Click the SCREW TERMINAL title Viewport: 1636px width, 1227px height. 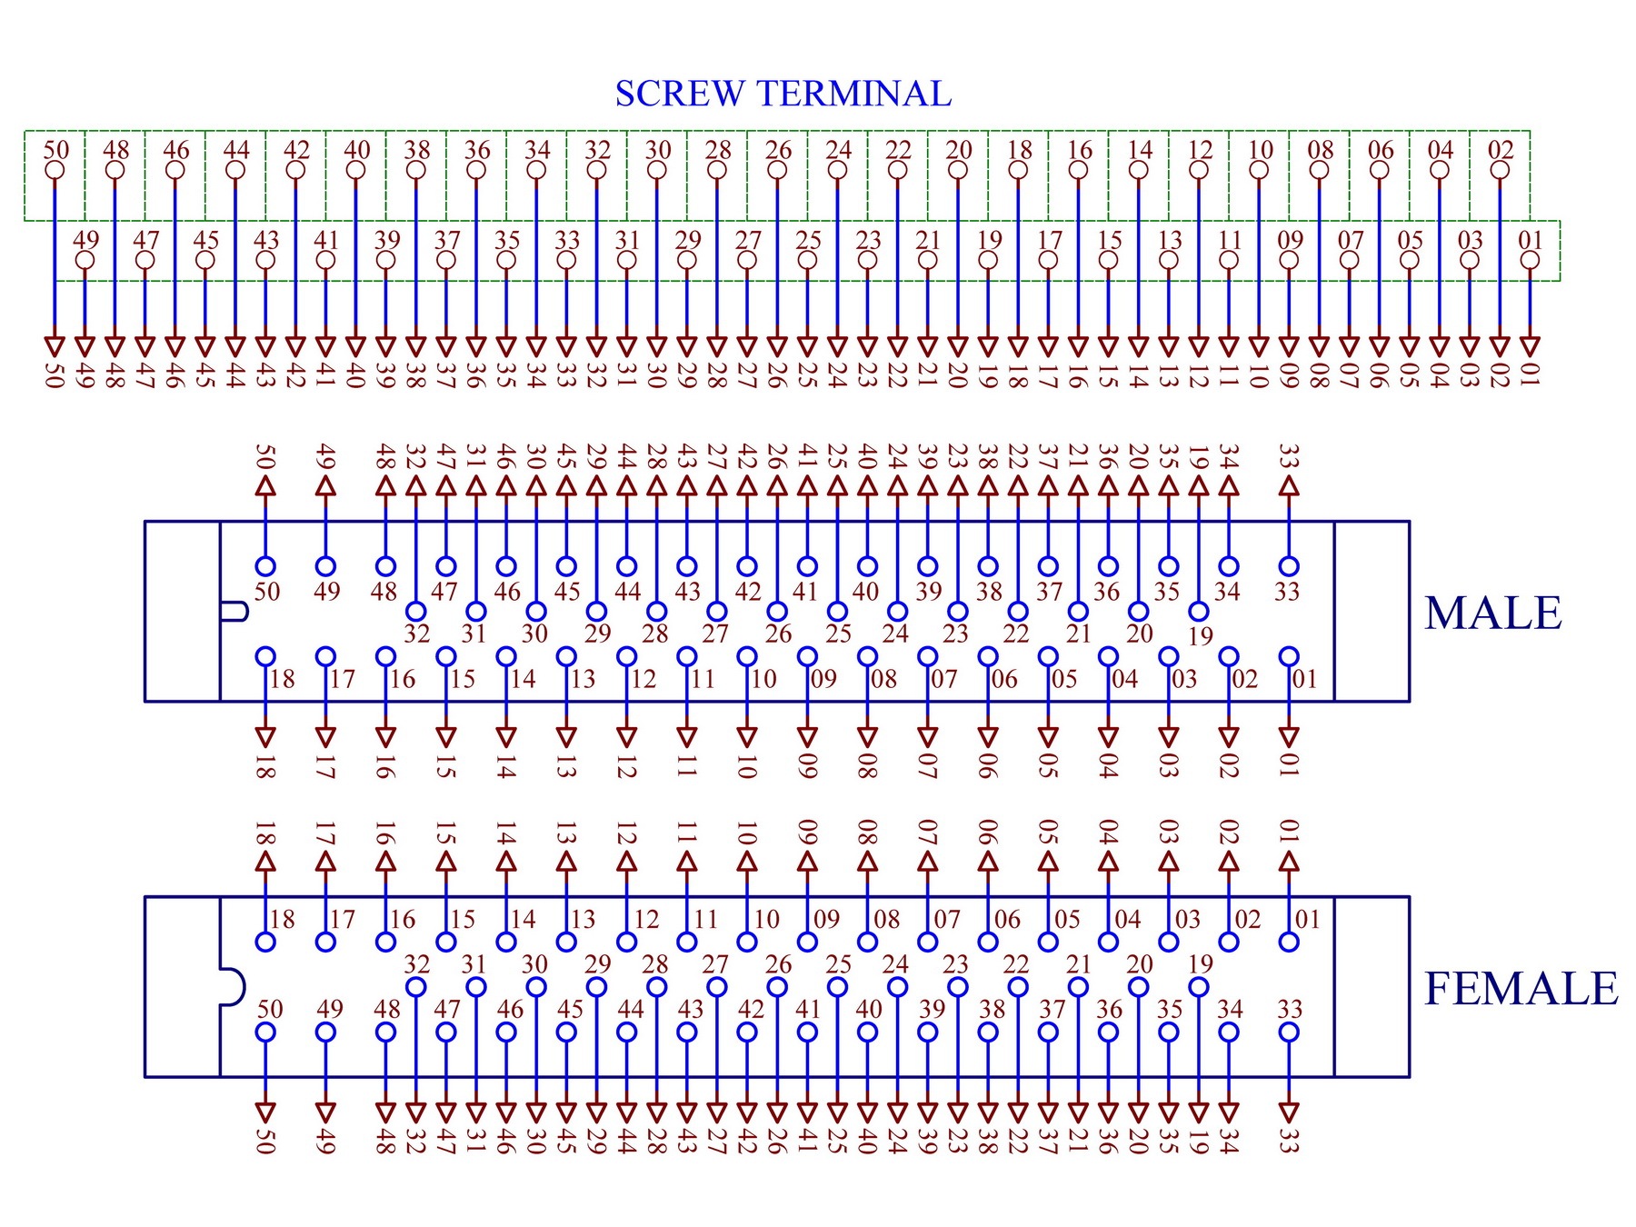coord(783,94)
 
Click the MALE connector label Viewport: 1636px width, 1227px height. coord(1493,613)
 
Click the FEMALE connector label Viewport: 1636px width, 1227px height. coord(1521,989)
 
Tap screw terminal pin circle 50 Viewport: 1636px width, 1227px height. coord(55,170)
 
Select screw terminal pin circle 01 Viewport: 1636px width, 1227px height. coord(1530,260)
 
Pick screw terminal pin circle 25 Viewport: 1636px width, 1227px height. coord(807,260)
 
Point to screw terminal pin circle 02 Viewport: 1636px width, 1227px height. coord(1500,170)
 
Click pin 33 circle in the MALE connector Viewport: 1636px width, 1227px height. coord(1289,566)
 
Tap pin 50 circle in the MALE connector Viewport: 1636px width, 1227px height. coord(265,566)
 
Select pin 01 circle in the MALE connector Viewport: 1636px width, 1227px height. coord(1289,656)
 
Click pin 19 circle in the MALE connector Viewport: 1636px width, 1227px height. coord(1199,612)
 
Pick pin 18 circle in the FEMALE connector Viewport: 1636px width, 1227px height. coord(265,943)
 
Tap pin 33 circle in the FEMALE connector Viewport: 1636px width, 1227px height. coord(1289,1032)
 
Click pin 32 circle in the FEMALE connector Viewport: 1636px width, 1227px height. coord(415,987)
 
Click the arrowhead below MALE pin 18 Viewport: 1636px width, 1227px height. coord(265,737)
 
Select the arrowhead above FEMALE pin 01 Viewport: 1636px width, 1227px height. coord(1289,862)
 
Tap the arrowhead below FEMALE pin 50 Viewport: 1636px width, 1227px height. coord(265,1113)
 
